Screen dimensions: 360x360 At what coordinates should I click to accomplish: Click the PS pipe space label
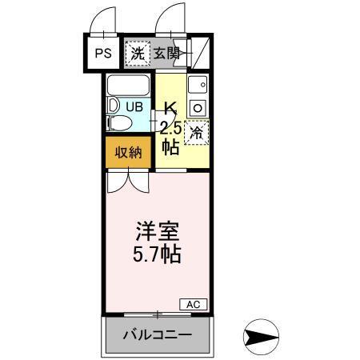point(103,54)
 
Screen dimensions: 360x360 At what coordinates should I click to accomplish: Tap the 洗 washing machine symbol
point(138,54)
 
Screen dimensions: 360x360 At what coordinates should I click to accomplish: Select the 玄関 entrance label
point(167,54)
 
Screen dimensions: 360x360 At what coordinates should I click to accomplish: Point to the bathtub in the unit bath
point(129,85)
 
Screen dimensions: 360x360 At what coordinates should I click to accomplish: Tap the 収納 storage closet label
point(128,152)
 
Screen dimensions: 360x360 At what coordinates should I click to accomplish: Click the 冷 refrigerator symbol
point(196,132)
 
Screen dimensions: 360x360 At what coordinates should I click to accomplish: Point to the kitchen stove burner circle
point(198,106)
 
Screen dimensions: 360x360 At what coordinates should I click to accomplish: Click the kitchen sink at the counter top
point(198,84)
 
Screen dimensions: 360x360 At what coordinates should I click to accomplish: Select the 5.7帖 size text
point(156,256)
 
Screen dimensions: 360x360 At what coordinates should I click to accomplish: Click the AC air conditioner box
point(194,304)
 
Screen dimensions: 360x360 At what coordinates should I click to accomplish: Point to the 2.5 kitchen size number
point(170,127)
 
